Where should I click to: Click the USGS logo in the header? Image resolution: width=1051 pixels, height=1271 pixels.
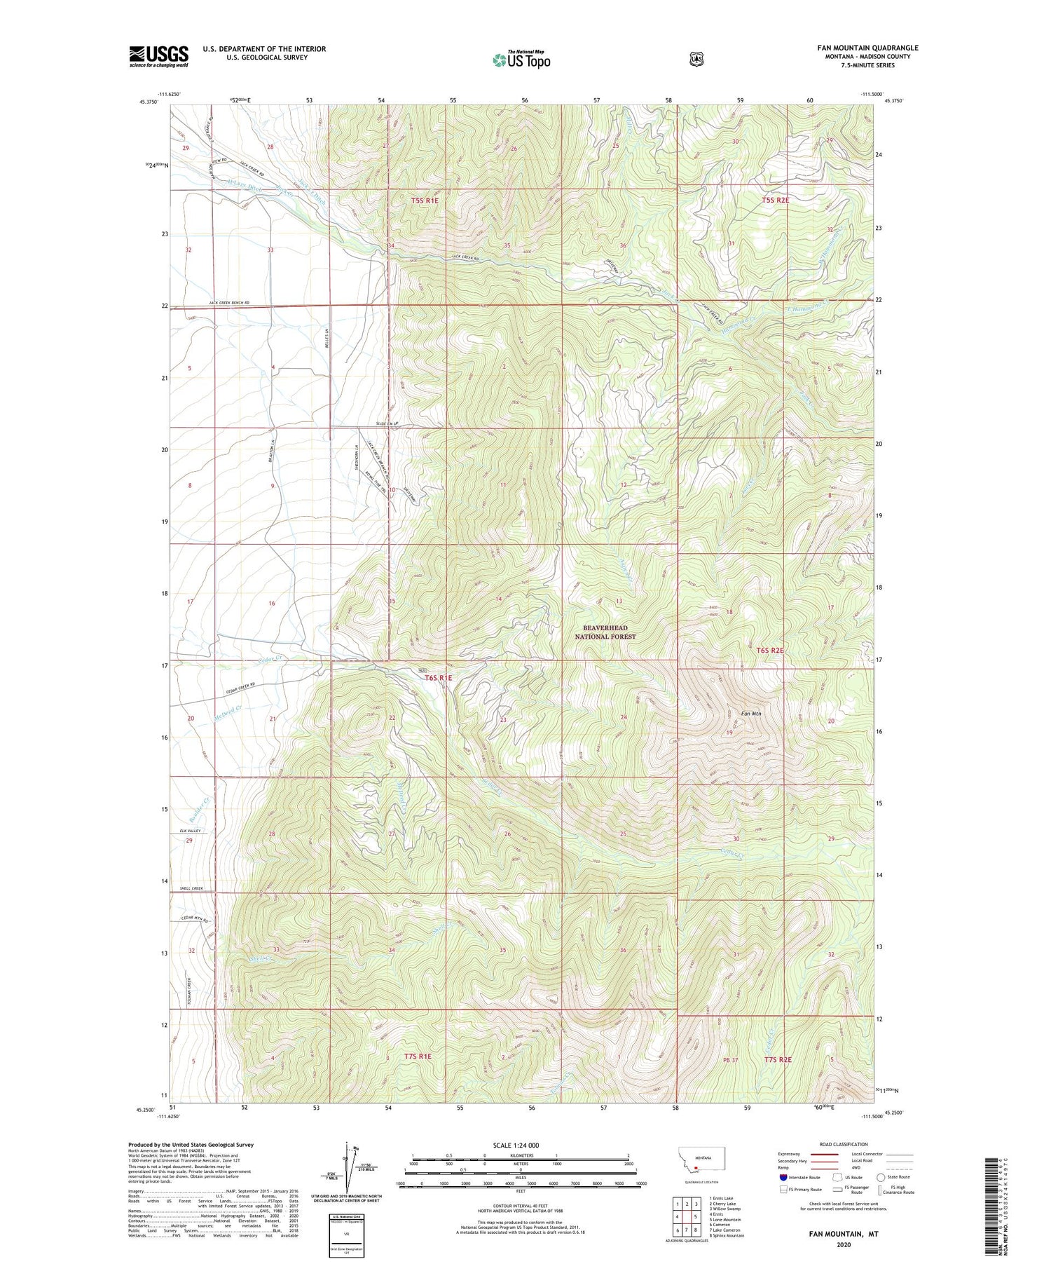coord(158,56)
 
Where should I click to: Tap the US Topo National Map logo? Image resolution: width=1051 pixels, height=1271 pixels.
coord(521,60)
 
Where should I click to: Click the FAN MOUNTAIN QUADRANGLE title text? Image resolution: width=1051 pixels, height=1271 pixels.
coord(867,48)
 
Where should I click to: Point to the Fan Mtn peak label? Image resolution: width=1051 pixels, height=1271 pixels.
coord(751,714)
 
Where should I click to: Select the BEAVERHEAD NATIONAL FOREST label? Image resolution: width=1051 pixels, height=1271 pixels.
coord(605,632)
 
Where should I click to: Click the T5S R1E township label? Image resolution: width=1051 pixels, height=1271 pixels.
coord(425,200)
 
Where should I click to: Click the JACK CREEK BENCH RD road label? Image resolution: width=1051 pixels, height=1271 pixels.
coord(228,303)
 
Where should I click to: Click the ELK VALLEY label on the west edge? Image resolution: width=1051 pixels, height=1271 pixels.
coord(190,831)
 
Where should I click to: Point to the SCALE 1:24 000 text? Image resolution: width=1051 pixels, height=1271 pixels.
coord(516,1145)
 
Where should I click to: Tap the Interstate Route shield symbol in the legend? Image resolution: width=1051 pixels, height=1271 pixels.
coord(783,1177)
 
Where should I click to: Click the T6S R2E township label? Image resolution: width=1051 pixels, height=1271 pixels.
coord(770,651)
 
